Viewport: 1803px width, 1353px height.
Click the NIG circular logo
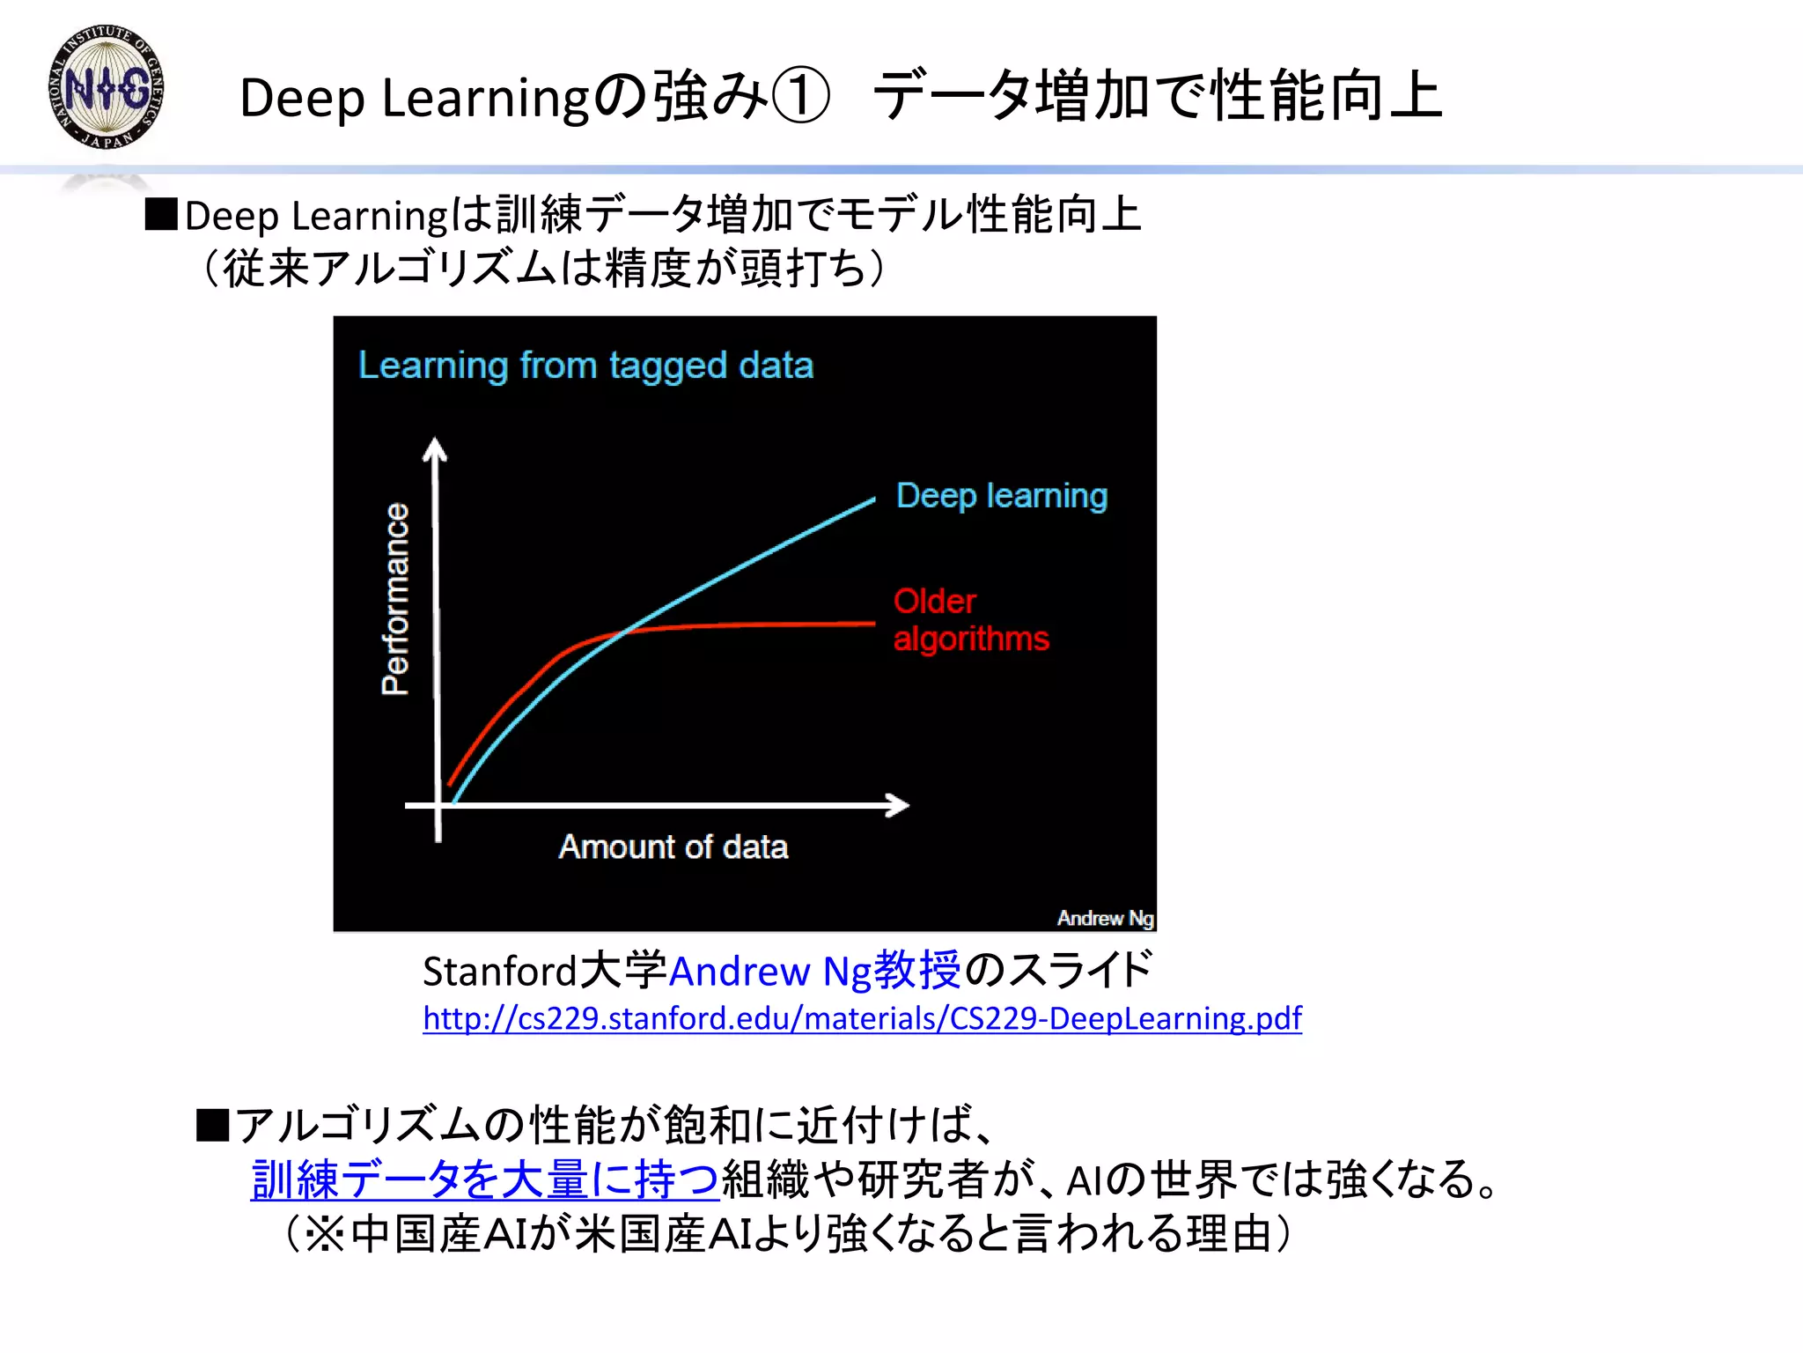pos(107,87)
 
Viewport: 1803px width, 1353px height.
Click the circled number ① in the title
pos(800,97)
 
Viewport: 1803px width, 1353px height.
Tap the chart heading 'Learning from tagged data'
pos(585,366)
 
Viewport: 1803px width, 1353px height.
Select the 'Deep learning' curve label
pos(1001,496)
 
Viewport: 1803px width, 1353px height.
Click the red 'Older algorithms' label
pos(970,620)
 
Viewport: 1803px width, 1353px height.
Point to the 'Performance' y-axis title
pos(395,599)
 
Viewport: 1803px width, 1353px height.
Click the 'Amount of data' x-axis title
pos(673,847)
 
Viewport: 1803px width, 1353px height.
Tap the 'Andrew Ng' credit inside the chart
pos(1105,918)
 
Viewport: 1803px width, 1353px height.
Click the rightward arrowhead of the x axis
pos(899,805)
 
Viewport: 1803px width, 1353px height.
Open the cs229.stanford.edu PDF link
pos(862,1018)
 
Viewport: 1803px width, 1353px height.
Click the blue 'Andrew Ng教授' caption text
pos(815,971)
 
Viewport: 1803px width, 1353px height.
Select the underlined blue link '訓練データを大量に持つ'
pos(485,1179)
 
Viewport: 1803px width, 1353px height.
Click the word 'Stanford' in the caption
pos(499,972)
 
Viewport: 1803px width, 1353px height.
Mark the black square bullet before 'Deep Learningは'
pos(161,215)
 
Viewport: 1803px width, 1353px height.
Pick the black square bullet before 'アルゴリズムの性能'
pos(212,1125)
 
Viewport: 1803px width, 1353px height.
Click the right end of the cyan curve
pos(872,500)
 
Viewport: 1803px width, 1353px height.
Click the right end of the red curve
pos(872,624)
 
